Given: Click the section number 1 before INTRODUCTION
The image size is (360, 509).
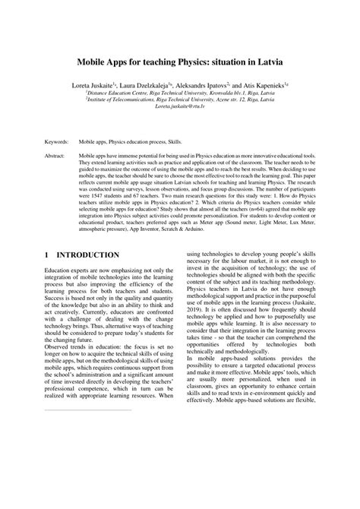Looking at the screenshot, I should [47, 254].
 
